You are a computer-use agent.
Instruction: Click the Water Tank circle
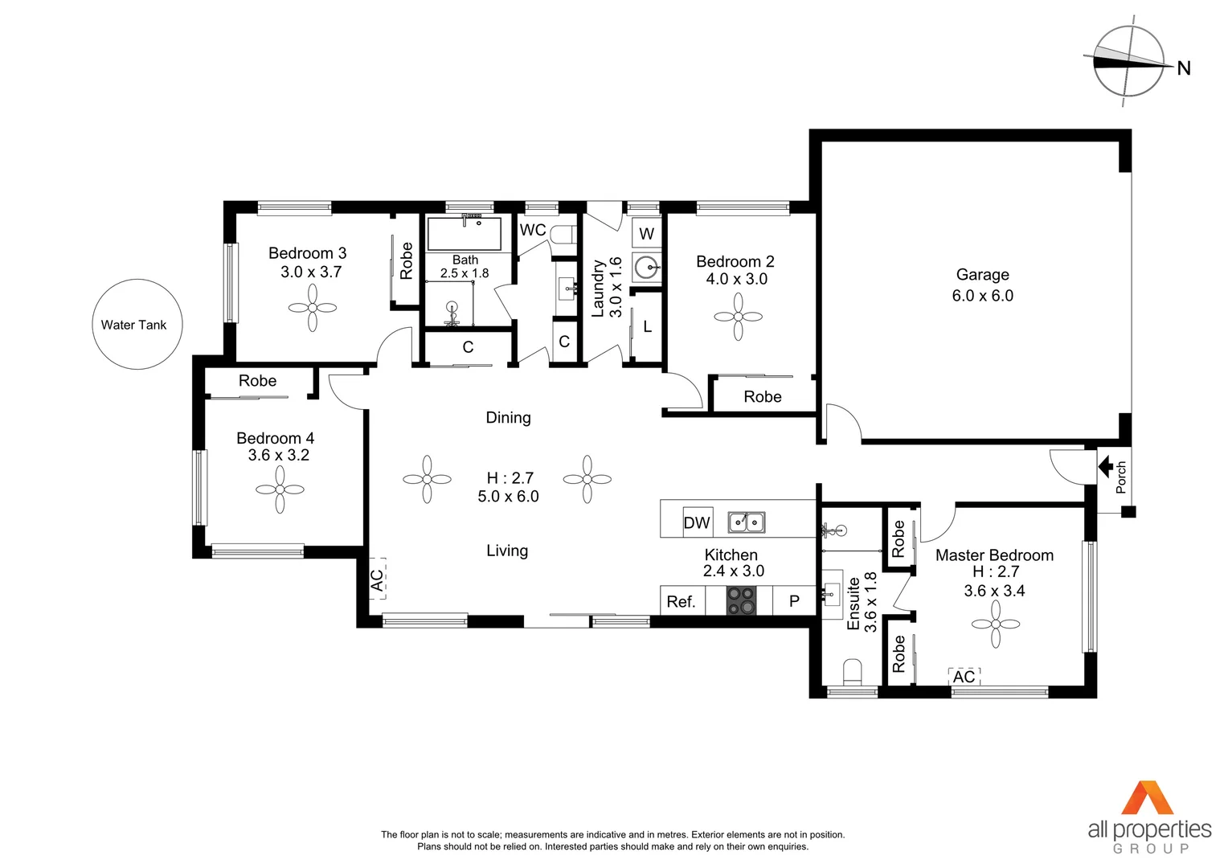tap(137, 325)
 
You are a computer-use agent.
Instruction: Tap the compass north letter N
tap(1183, 68)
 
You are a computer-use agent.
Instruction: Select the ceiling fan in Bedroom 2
tap(738, 316)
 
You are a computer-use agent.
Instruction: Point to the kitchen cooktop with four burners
tap(741, 600)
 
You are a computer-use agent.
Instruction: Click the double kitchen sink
tap(747, 522)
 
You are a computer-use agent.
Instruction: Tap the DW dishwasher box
tap(697, 522)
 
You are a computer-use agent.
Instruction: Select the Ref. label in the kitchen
tap(681, 601)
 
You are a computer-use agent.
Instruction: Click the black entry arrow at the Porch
tap(1106, 466)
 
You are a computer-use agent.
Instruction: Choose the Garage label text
tap(982, 275)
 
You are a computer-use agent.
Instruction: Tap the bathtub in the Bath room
tap(464, 234)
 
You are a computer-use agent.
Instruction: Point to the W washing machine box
tap(646, 234)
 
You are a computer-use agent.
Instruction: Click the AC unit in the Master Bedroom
tap(964, 677)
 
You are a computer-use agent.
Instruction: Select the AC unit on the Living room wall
tap(377, 579)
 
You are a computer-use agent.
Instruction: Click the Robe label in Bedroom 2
tap(762, 397)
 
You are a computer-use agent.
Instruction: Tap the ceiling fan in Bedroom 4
tap(280, 489)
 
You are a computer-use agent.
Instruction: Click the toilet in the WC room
tap(565, 235)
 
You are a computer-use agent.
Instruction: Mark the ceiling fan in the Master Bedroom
tap(995, 624)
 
